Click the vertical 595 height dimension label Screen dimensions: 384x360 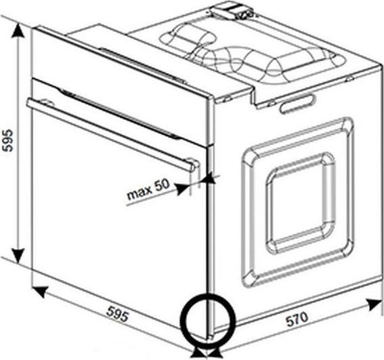[7, 140]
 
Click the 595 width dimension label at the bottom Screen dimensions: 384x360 [118, 313]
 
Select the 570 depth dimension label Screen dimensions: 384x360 [297, 319]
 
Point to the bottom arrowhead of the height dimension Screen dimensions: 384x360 [18, 256]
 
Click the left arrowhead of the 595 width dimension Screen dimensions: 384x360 [39, 291]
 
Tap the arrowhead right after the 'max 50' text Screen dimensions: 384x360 [182, 189]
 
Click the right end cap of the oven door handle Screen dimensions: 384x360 [194, 165]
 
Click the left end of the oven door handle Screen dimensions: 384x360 [29, 104]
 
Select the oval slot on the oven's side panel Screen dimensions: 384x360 [298, 104]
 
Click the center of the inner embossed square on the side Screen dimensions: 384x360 [300, 203]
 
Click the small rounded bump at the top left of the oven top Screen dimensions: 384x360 [188, 36]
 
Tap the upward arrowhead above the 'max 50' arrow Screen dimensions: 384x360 [209, 177]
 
